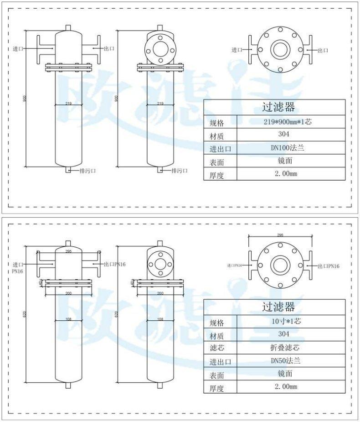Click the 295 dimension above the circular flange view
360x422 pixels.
pyautogui.click(x=280, y=235)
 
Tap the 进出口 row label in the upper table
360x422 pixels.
pyautogui.click(x=221, y=149)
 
